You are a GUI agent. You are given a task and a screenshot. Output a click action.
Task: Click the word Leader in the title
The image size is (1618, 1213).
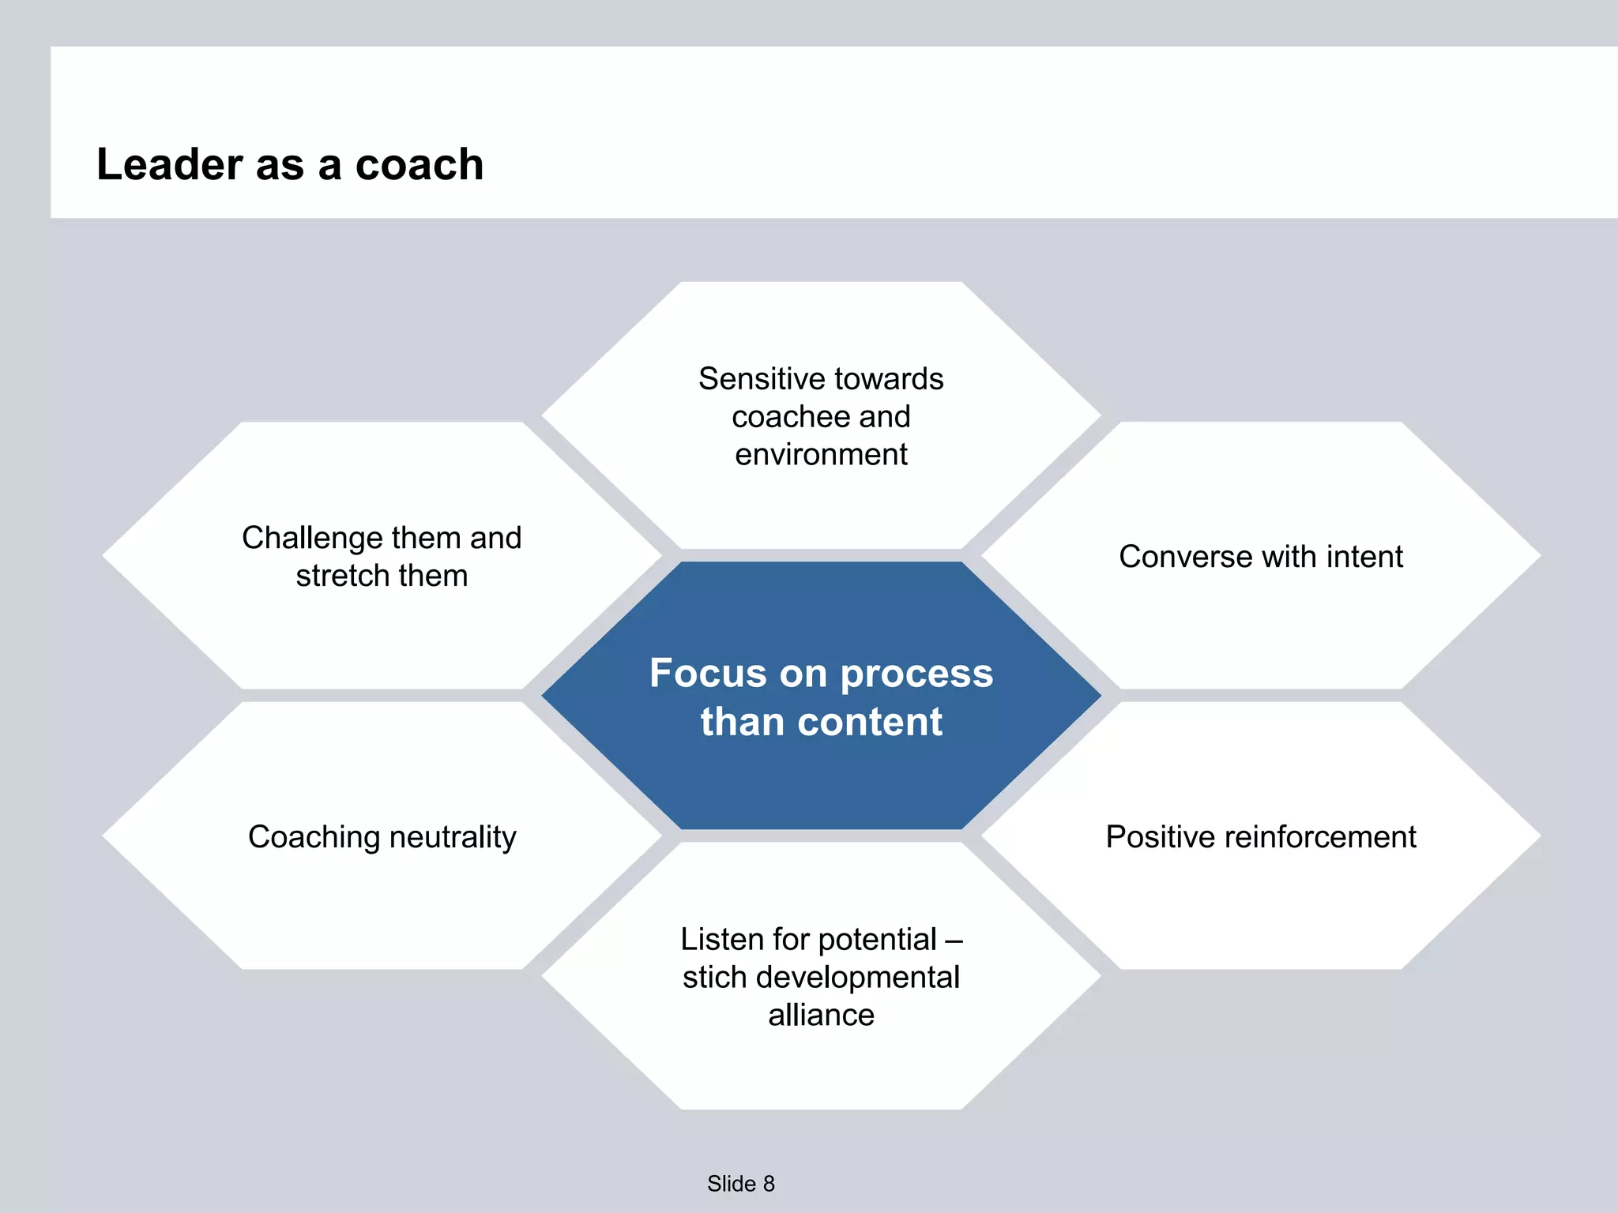[169, 165]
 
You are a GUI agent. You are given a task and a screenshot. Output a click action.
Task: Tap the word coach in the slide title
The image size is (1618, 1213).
[419, 165]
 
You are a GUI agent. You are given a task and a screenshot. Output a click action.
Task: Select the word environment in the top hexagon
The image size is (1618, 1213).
[821, 455]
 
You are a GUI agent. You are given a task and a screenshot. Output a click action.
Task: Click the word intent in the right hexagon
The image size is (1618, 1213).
[1364, 557]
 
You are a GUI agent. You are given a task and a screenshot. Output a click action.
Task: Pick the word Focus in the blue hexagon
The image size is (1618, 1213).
[708, 674]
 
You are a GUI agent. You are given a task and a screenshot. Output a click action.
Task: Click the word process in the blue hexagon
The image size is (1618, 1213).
[916, 674]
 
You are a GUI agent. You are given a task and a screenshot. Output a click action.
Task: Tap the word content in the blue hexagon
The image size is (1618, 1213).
[870, 722]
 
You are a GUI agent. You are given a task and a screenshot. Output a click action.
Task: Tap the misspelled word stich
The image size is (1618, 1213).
[714, 978]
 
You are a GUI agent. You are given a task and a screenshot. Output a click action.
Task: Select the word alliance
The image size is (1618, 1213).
[821, 1016]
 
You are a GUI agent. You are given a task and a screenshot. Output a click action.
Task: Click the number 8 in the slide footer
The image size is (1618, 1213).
[769, 1184]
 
